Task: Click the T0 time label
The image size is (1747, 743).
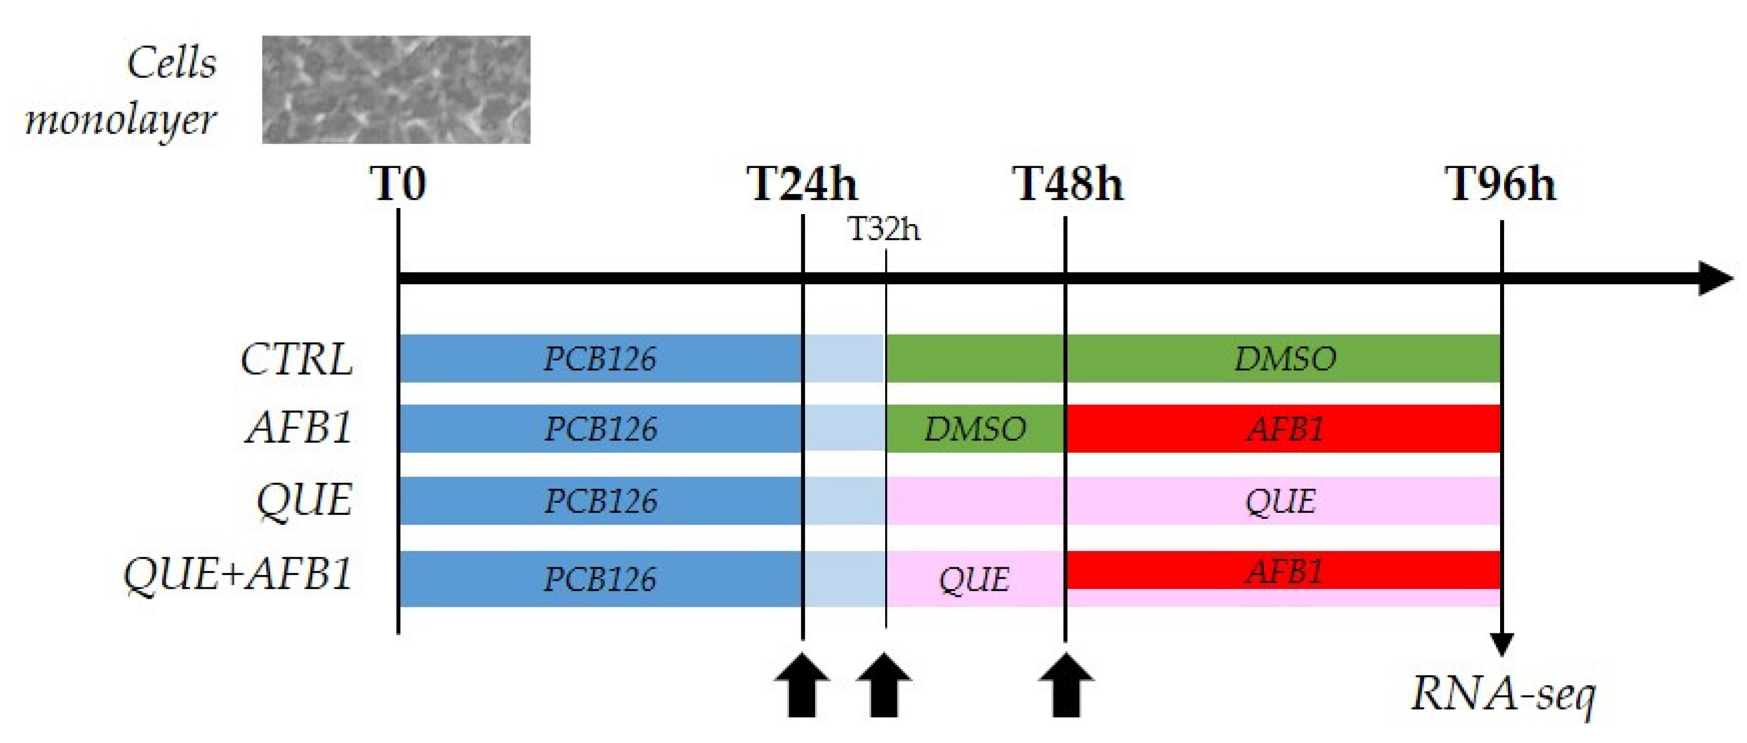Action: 398,184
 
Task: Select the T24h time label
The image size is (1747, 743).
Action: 802,184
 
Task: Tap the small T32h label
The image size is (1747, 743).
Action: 885,230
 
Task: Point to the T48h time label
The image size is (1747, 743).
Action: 1068,184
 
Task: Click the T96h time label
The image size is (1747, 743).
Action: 1501,184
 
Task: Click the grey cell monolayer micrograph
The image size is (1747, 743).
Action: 396,90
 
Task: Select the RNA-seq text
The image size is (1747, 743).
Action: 1503,694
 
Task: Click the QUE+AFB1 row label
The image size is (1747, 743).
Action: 237,574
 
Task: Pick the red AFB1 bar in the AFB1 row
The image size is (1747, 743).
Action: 1283,429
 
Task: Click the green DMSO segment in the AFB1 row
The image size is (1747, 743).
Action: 975,429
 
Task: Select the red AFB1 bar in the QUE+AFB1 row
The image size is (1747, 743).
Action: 1283,571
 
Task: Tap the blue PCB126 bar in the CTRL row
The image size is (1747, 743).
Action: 599,359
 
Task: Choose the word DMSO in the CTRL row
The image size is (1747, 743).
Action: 1284,359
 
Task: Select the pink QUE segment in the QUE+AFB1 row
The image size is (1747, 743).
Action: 975,579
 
